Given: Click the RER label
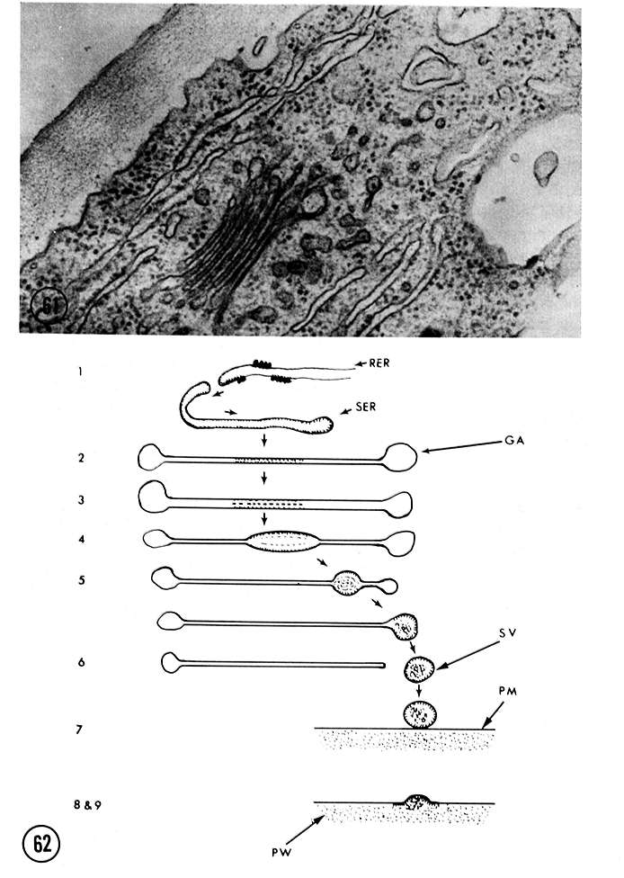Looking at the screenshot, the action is pos(379,363).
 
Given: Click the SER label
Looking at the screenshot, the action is pos(365,408).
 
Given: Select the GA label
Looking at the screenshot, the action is pos(513,441).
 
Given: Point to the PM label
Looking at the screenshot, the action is pos(508,692).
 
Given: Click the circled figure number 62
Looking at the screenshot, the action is pos(41,844).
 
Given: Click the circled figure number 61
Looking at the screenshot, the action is pos(49,308).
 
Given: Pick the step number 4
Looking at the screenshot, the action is pos(82,540).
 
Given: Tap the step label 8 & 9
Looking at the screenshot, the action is pos(87,806).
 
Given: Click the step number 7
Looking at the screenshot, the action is pos(79,730).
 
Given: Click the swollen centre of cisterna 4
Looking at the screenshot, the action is pos(283,542).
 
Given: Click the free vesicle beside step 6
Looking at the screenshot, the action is pos(420,668).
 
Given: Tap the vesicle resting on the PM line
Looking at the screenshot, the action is pos(420,714).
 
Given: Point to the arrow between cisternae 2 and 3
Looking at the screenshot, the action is pos(264,478).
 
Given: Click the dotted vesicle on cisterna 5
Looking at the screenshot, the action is pos(348,583).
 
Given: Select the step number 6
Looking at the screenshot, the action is pos(82,662).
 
